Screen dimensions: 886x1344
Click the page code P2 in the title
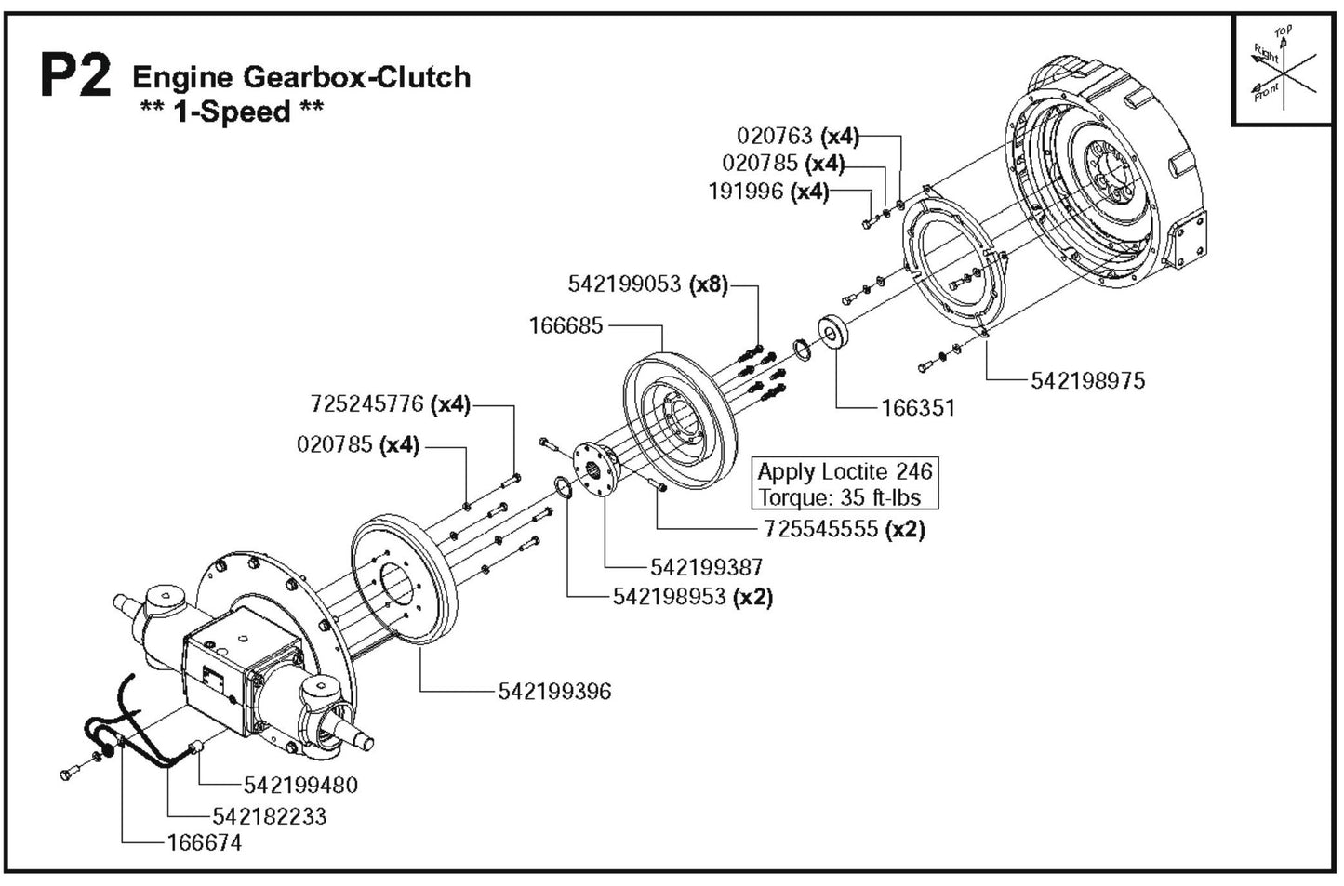(76, 76)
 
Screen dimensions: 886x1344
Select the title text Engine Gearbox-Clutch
(301, 76)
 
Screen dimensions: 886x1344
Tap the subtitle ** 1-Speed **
(231, 112)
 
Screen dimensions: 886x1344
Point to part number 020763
(774, 136)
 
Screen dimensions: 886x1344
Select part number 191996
(745, 192)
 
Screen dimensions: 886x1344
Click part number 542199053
(624, 284)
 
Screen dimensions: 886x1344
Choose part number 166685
(566, 325)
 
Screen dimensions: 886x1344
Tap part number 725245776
(366, 404)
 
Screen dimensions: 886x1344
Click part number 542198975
(1087, 380)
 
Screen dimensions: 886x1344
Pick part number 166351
(917, 407)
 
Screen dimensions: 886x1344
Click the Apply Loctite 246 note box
(845, 483)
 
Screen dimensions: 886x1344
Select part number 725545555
(820, 528)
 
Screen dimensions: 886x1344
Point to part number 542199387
(706, 566)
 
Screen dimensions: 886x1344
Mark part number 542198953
(669, 597)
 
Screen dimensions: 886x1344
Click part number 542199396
(554, 691)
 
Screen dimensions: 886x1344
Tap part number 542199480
(300, 785)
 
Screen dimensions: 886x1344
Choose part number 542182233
(270, 815)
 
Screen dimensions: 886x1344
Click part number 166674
(204, 842)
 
